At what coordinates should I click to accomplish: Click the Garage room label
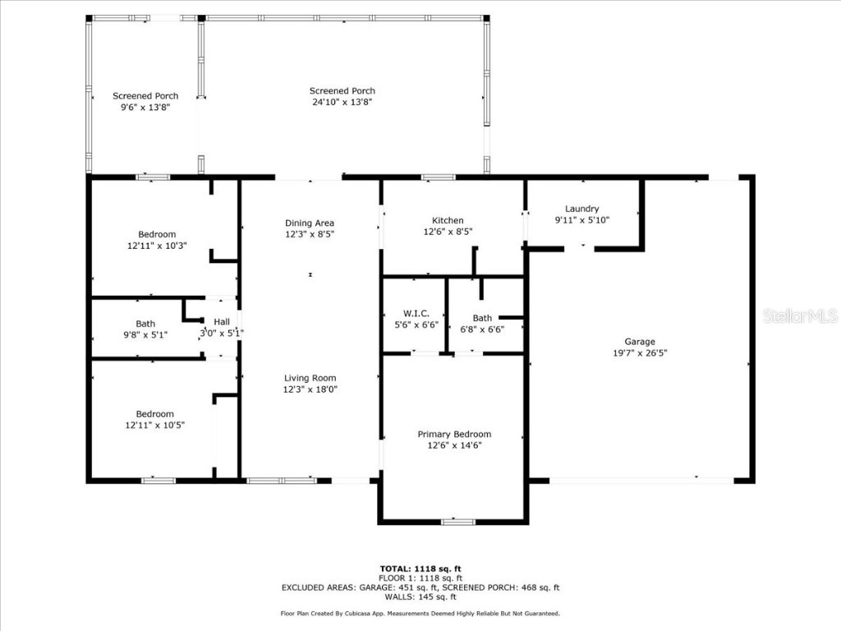[x=639, y=342]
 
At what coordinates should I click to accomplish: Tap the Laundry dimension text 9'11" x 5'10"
[x=582, y=220]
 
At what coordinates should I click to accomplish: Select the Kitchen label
[x=448, y=220]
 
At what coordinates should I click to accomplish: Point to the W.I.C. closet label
[x=411, y=313]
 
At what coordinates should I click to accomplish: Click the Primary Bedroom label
[x=454, y=434]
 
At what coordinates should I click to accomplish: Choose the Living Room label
[x=310, y=378]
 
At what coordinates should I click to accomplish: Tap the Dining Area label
[x=310, y=223]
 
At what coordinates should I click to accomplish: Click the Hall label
[x=222, y=322]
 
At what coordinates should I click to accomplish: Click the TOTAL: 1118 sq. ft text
[x=420, y=569]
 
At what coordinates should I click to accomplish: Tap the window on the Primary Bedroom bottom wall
[x=457, y=521]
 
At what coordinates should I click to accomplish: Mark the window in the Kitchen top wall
[x=439, y=177]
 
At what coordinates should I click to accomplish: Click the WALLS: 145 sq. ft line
[x=420, y=596]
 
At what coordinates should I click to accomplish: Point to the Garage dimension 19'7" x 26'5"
[x=639, y=353]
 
